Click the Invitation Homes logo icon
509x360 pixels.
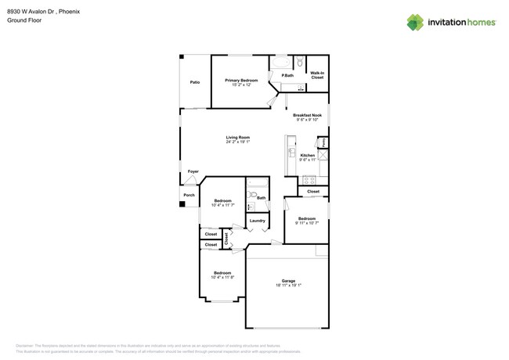pos(415,22)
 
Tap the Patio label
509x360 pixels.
pos(194,82)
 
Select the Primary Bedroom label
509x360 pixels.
pos(241,81)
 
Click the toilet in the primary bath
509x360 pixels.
pos(300,63)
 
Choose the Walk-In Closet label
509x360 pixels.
pos(316,75)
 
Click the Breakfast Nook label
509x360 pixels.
pos(308,115)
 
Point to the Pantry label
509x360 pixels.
pos(322,142)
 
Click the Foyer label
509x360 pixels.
pos(193,171)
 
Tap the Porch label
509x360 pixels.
pos(189,195)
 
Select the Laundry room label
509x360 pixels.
pos(258,221)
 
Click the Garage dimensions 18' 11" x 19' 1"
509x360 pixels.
pos(288,285)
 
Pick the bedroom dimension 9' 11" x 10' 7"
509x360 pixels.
pos(306,223)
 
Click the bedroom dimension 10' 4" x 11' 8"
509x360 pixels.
pos(222,277)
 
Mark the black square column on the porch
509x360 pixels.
pos(182,204)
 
